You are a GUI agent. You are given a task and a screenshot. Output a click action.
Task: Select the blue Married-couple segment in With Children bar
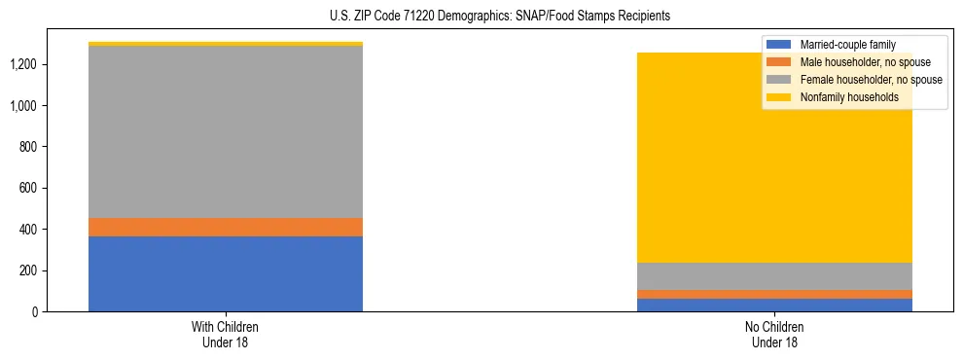pyautogui.click(x=226, y=273)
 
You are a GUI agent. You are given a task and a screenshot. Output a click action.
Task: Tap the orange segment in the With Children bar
pyautogui.click(x=226, y=227)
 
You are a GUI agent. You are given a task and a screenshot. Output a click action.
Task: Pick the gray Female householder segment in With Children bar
pyautogui.click(x=226, y=131)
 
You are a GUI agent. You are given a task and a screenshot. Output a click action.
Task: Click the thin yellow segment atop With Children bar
pyautogui.click(x=226, y=44)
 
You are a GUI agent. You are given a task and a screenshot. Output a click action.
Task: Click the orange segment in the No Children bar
pyautogui.click(x=774, y=294)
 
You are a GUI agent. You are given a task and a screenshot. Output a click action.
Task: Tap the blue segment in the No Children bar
pyautogui.click(x=774, y=305)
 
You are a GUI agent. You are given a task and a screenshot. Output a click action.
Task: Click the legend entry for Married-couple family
pyautogui.click(x=845, y=45)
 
